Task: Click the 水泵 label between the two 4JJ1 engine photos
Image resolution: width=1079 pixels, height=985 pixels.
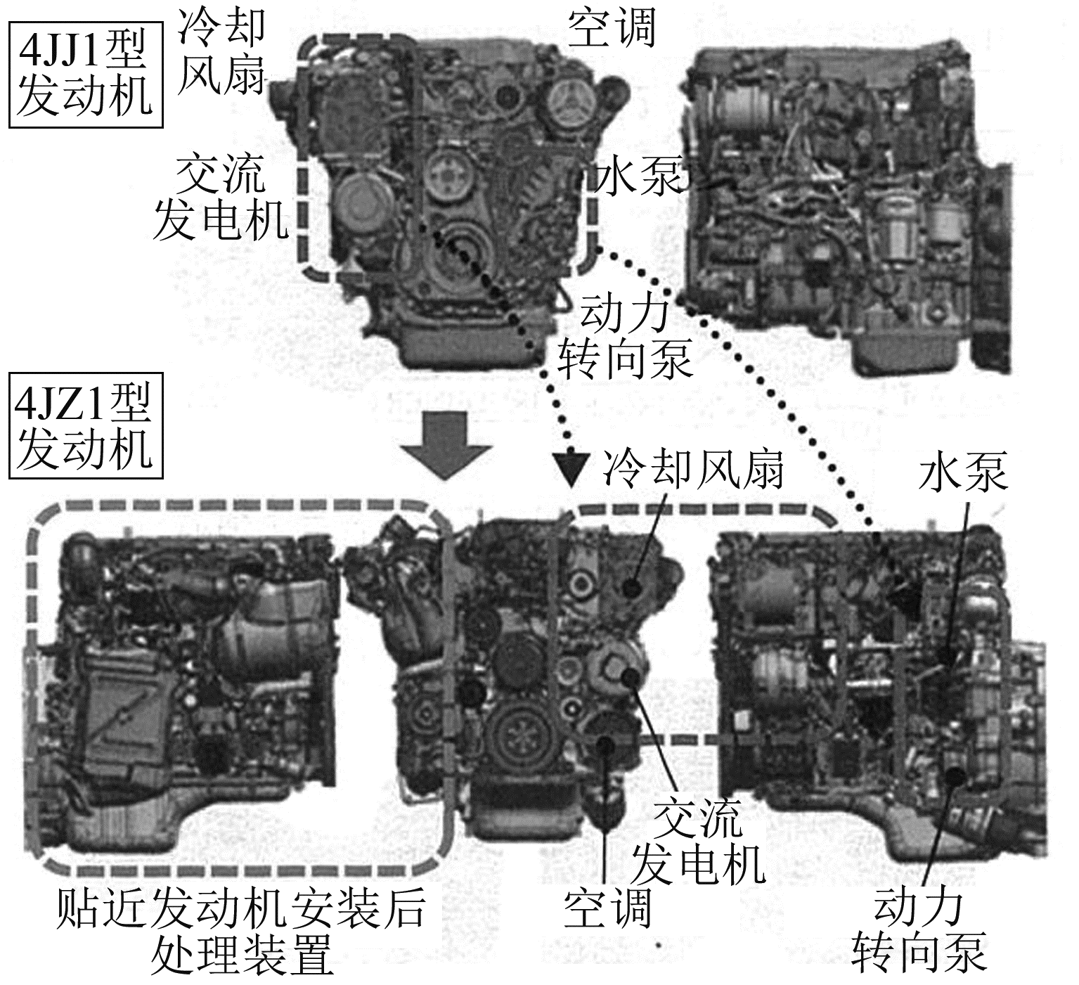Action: click(x=636, y=177)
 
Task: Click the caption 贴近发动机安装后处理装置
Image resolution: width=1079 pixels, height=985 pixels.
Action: click(x=240, y=931)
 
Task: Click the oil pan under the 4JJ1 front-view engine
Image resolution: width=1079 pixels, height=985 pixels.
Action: click(x=464, y=345)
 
